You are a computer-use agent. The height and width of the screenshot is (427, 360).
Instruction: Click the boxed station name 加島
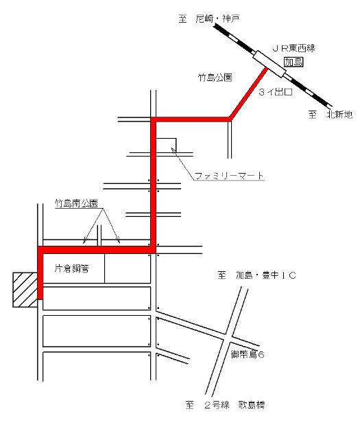[293, 62]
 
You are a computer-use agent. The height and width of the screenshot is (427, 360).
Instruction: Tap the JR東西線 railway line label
[294, 49]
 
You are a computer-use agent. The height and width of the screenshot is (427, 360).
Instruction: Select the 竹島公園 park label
[215, 78]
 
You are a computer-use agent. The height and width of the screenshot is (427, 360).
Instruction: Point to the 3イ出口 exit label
[276, 92]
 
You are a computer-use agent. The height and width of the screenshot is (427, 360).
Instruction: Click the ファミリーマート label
[229, 176]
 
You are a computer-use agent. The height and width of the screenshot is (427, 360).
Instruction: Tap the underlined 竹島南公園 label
[76, 203]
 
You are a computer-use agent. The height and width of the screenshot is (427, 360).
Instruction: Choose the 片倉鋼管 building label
[71, 268]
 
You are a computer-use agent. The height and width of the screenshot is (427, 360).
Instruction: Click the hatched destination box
[25, 290]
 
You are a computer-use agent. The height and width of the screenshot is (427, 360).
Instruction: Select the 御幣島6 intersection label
[248, 354]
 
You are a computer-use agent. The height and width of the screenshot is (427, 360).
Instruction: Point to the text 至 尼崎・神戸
[209, 19]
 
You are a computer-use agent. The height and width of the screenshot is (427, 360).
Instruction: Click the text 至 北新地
[331, 115]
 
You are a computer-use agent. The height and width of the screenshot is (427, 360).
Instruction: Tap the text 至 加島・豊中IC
[256, 275]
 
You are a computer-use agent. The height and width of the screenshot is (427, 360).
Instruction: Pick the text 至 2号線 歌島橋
[226, 404]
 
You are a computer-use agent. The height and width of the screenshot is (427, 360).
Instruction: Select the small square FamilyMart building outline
[166, 145]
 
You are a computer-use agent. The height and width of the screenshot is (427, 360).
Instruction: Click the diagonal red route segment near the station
[248, 93]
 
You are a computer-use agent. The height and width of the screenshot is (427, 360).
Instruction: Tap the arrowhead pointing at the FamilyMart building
[173, 149]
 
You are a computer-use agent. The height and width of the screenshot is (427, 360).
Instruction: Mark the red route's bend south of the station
[230, 119]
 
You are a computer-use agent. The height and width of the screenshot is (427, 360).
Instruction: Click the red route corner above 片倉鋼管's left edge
[40, 250]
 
